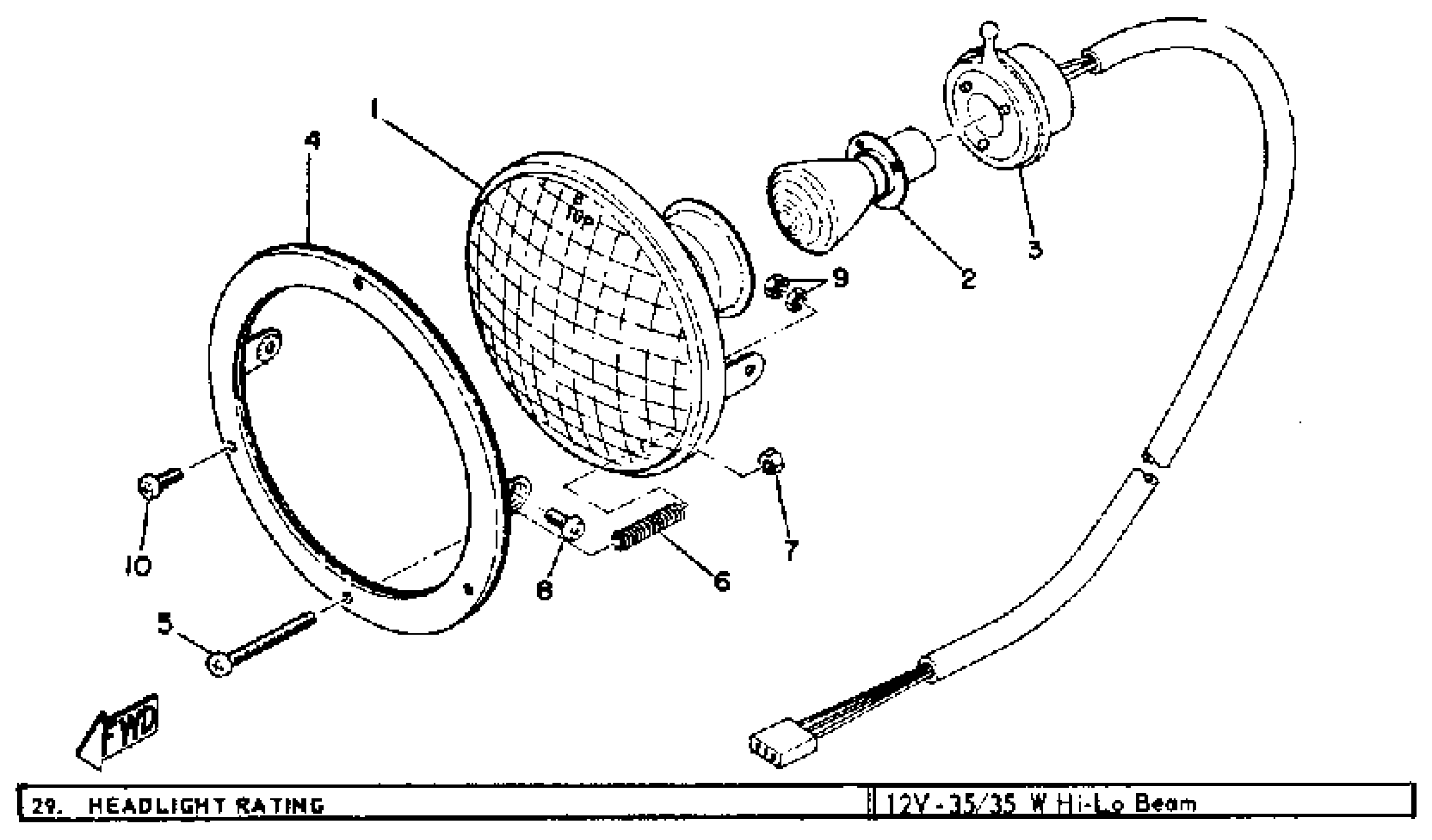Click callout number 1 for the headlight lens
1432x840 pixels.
(374, 109)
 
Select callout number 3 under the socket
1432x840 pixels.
(1035, 249)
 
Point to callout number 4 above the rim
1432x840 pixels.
(312, 140)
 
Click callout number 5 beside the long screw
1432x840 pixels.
(165, 625)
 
